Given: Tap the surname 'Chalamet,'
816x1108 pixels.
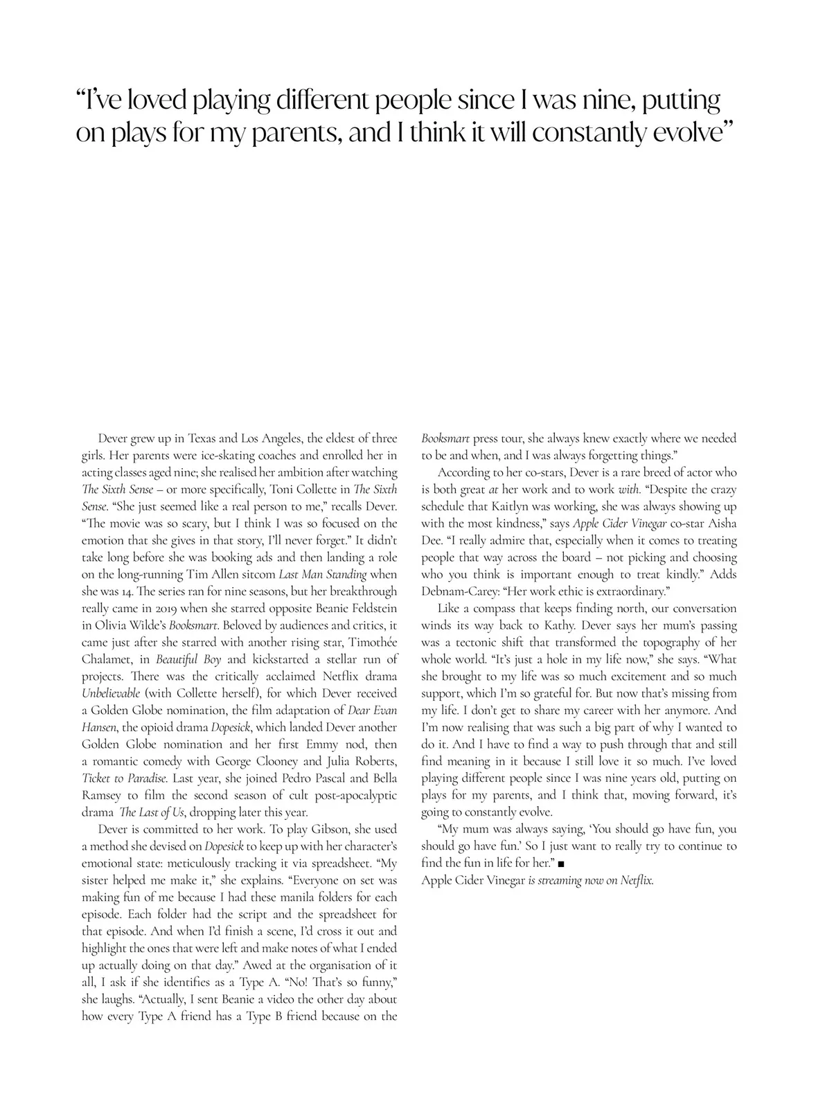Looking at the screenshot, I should coord(107,659).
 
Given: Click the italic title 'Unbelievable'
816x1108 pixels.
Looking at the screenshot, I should coord(111,693).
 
